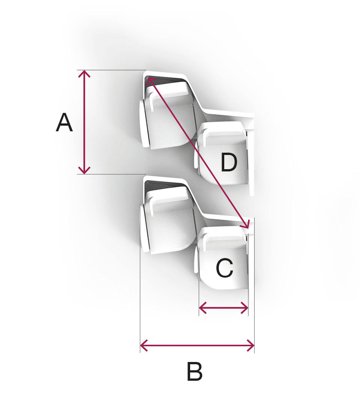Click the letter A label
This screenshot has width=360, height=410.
point(64,123)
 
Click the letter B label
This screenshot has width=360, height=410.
point(194,372)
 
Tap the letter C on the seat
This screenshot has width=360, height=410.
point(224,269)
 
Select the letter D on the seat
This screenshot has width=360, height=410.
point(229,163)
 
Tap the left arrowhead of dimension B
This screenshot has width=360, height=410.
point(142,345)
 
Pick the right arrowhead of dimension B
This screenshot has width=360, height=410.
point(252,345)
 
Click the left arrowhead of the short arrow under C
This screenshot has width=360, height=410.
point(201,308)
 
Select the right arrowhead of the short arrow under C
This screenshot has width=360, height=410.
point(246,308)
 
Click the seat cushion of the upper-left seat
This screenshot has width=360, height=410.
point(171,120)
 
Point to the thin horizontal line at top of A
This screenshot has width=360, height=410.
point(112,70)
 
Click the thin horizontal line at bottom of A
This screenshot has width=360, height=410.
point(112,174)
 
